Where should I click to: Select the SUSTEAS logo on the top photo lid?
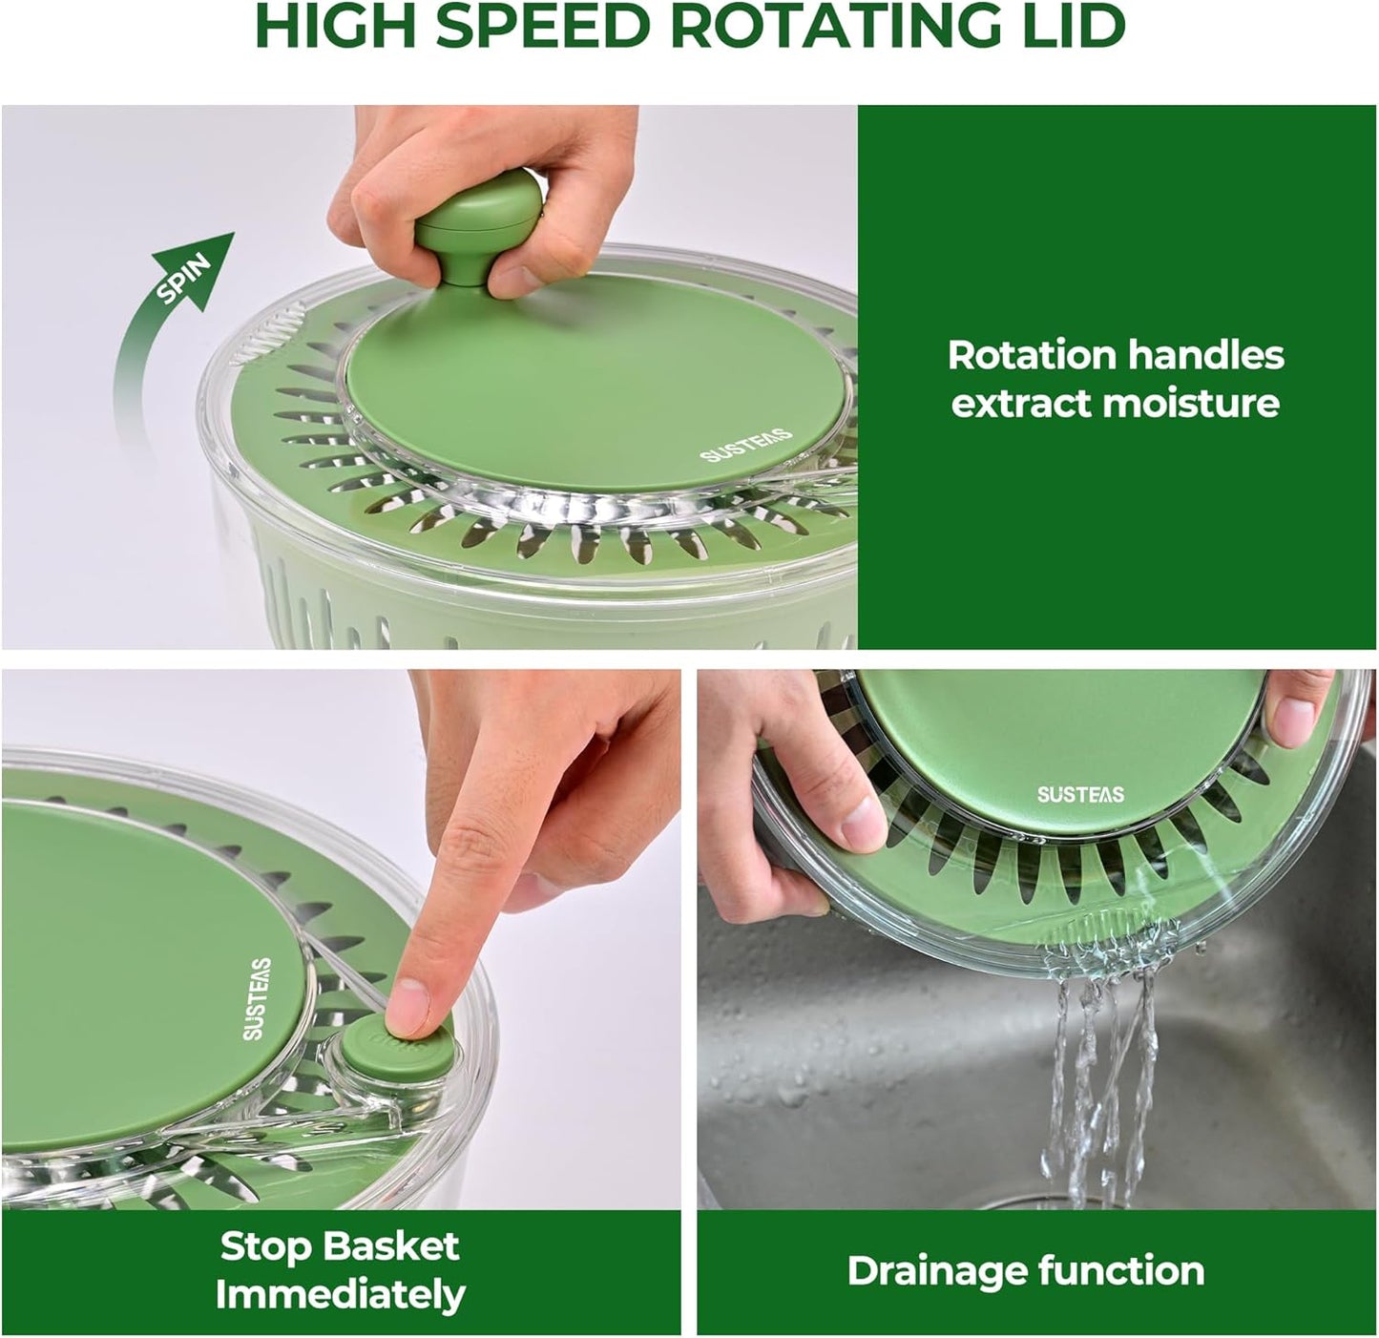(x=746, y=445)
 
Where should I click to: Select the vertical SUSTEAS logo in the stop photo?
(x=257, y=998)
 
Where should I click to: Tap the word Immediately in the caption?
(x=340, y=1295)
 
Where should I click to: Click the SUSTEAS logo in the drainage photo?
(x=1080, y=794)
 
